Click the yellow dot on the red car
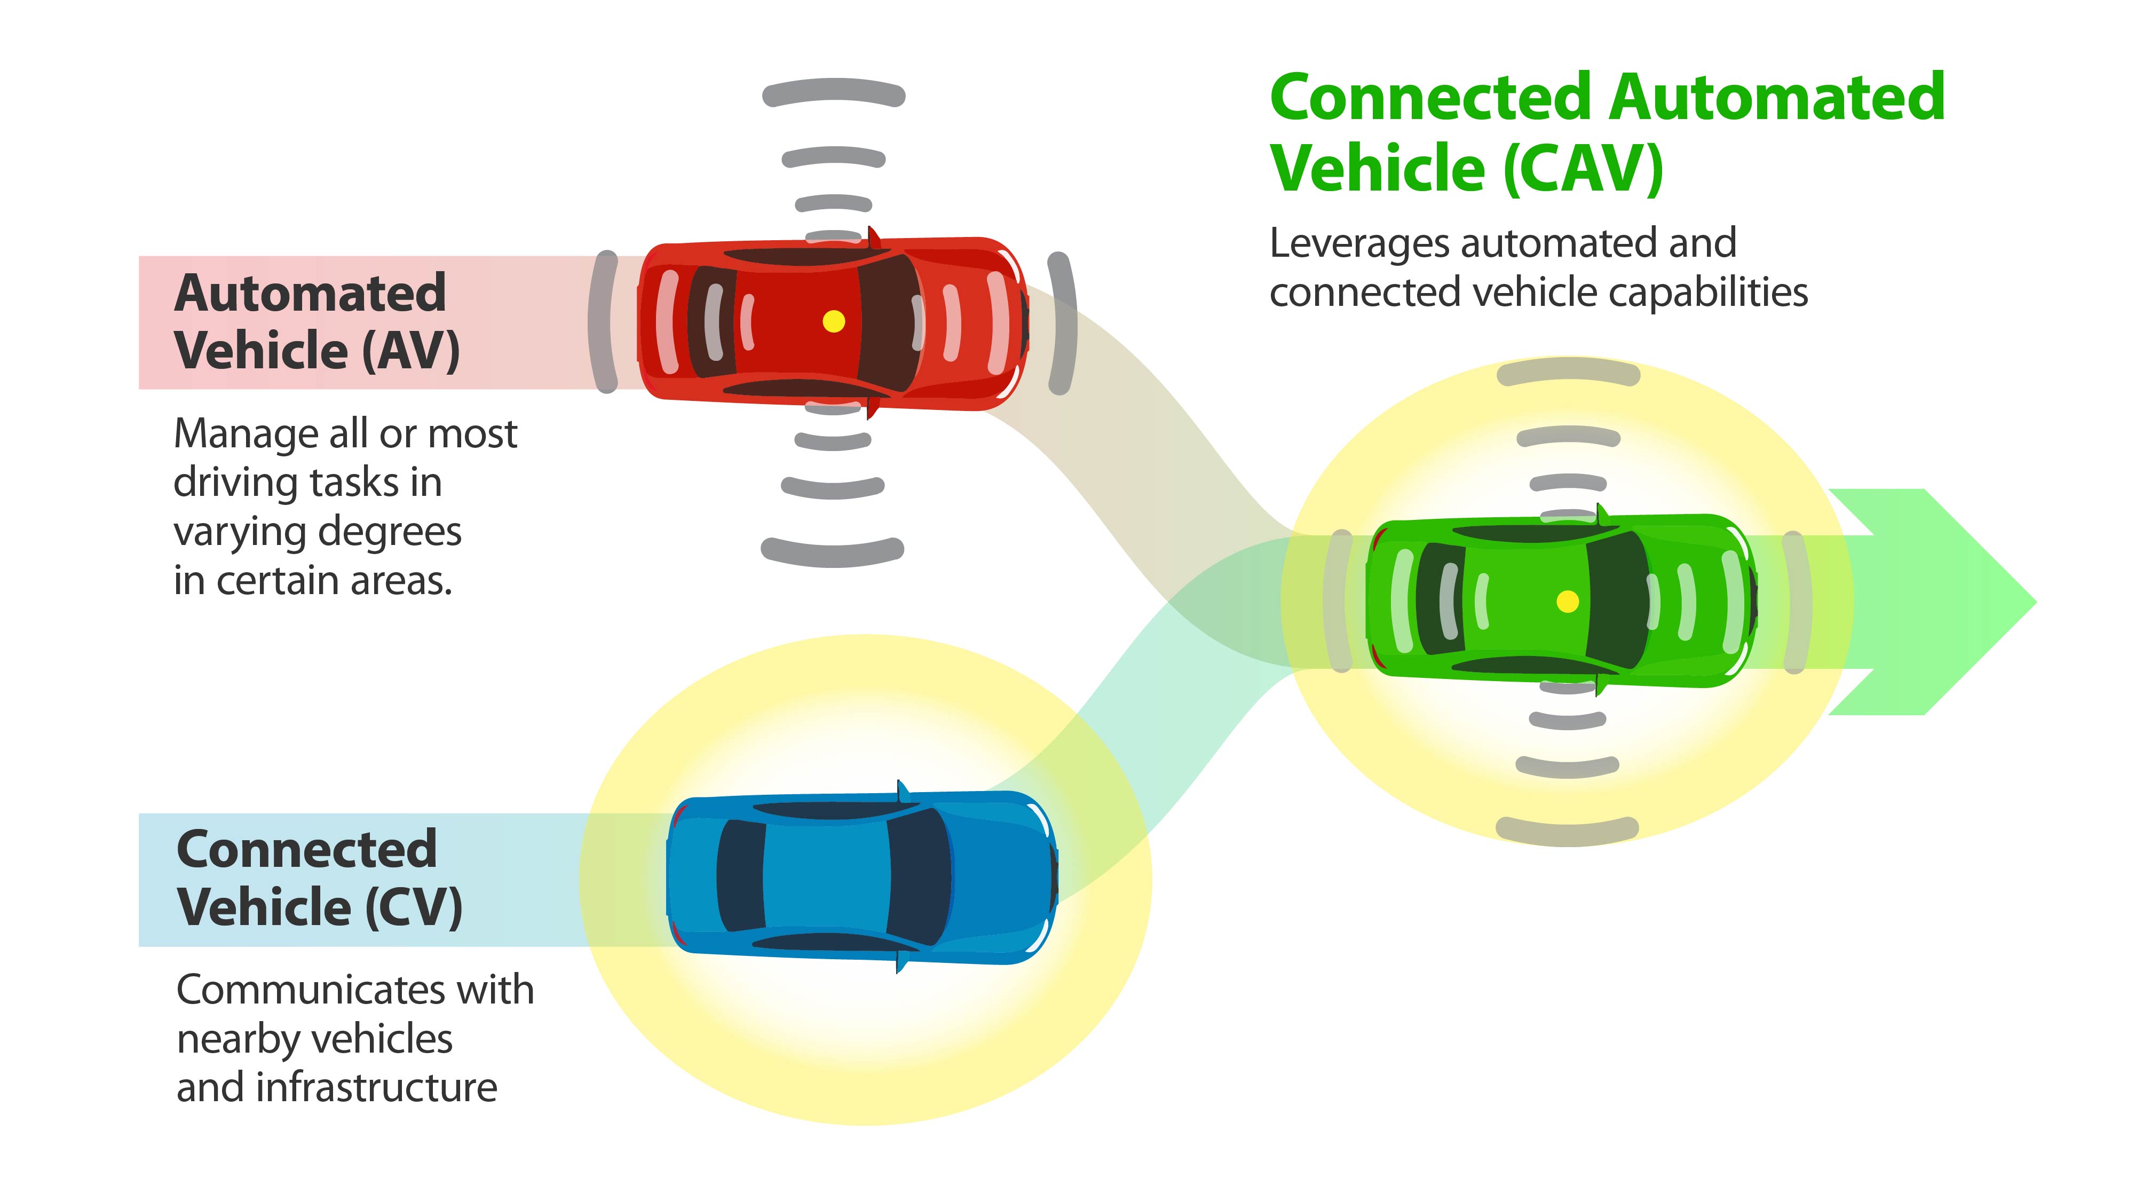pos(834,321)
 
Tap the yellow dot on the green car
pos(1567,601)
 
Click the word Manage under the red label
pos(246,433)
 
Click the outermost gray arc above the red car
pos(833,93)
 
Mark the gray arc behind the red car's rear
pos(603,321)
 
